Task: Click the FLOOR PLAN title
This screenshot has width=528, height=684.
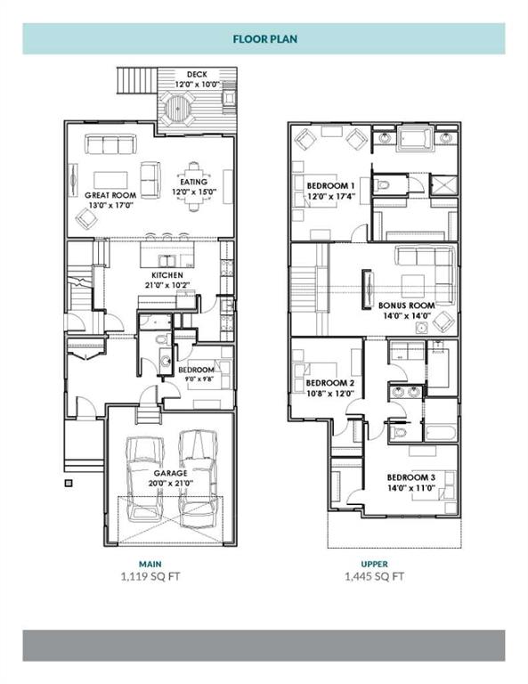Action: tap(265, 39)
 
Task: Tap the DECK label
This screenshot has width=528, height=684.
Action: tap(197, 75)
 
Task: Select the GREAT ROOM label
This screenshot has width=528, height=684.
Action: tap(110, 195)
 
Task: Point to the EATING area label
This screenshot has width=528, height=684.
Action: tap(193, 182)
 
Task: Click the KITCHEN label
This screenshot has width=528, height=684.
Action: tap(167, 275)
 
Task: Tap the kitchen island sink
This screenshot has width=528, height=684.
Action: tap(167, 261)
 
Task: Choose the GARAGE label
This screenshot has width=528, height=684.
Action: tap(170, 473)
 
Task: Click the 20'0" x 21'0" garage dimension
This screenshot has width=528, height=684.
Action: tap(170, 484)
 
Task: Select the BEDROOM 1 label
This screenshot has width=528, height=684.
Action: tap(331, 186)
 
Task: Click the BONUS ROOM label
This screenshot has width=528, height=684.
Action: tap(407, 305)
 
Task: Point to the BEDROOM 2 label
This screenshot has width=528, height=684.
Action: tap(330, 383)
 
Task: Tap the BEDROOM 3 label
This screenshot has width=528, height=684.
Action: tap(411, 477)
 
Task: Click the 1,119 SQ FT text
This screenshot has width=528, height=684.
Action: tap(150, 576)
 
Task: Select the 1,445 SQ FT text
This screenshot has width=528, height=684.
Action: tap(375, 576)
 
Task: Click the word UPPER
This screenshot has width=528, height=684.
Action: tap(375, 564)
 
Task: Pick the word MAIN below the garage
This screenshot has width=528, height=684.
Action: tap(150, 564)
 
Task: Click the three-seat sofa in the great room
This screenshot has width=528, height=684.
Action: tap(110, 144)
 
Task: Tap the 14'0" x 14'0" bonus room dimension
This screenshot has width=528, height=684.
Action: tap(407, 316)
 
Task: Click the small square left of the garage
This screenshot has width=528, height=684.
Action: tap(69, 483)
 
